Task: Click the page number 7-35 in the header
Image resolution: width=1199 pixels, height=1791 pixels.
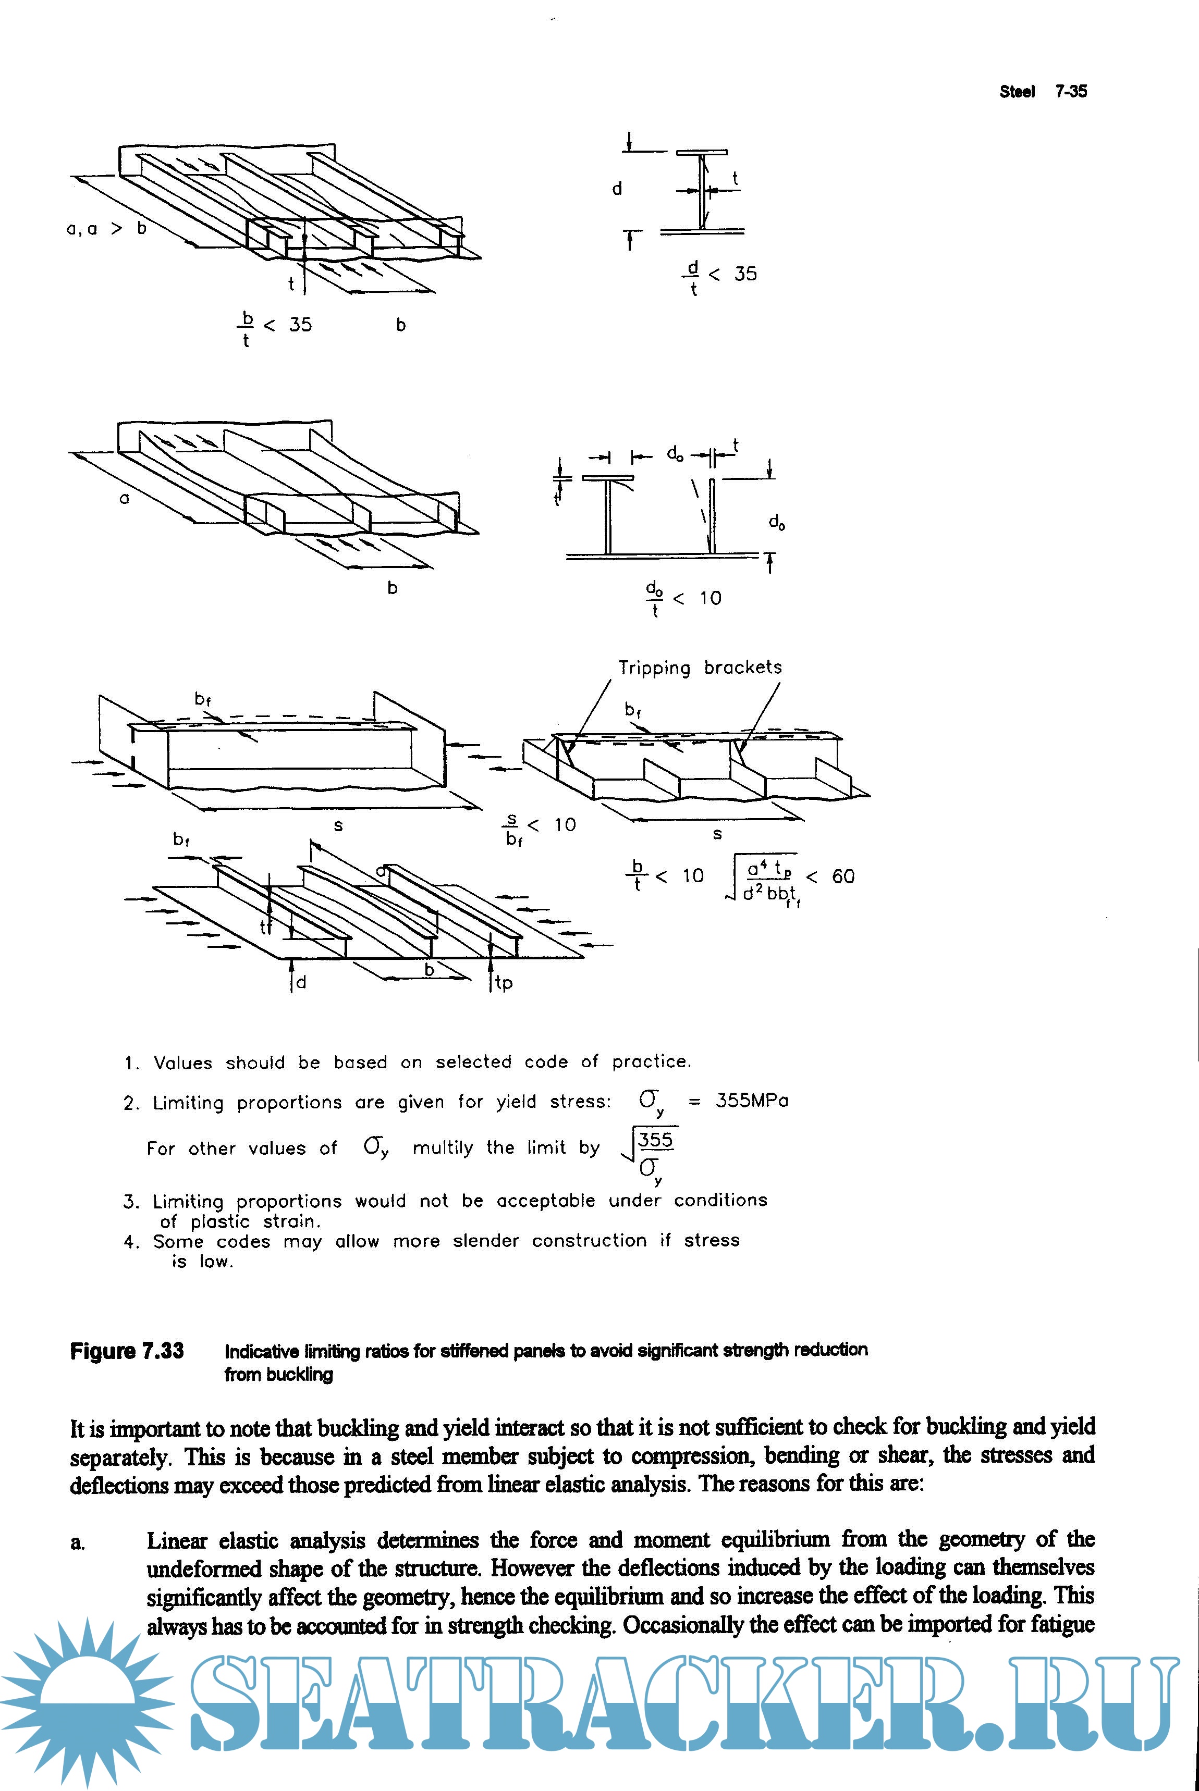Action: [x=1071, y=92]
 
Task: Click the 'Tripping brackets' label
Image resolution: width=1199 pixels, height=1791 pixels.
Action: [x=700, y=668]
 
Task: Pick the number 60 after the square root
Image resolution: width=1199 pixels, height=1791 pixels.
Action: [x=842, y=877]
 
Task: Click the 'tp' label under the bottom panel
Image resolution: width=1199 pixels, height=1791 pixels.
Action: [x=503, y=983]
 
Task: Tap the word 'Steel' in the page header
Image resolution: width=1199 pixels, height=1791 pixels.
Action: [x=1017, y=92]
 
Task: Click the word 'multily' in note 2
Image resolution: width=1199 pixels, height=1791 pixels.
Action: [x=443, y=1147]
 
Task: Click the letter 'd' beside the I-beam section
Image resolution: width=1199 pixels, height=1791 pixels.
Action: [x=617, y=189]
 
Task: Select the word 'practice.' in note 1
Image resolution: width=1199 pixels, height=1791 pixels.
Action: [x=652, y=1062]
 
